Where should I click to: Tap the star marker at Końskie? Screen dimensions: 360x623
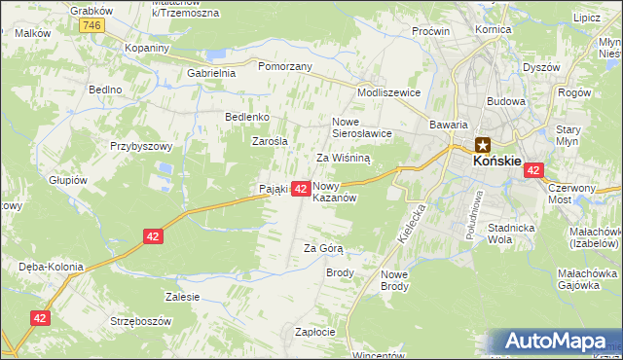pos(483,146)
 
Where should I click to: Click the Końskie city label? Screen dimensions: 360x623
pos(496,162)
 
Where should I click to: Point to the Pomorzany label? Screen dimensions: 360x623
pos(284,66)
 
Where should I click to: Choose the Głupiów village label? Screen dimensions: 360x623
pos(68,180)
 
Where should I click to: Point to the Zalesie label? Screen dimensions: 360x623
pos(183,297)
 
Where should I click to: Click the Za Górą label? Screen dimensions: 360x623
pos(324,248)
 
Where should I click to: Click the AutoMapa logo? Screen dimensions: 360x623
pos(556,342)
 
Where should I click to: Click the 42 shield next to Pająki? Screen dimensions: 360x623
pos(301,188)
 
